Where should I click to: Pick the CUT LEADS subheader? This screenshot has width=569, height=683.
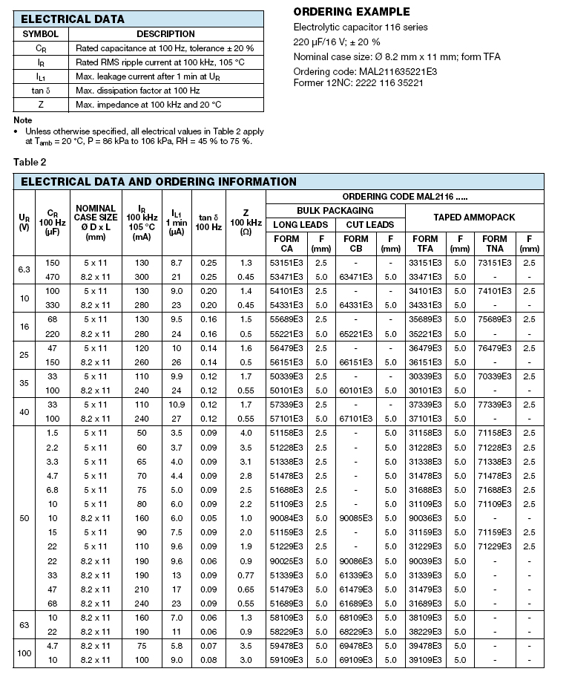point(369,224)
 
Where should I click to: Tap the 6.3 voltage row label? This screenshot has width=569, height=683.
point(24,269)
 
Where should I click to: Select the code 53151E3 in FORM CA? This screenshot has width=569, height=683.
point(287,263)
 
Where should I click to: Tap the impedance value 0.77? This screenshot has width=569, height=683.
point(245,575)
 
